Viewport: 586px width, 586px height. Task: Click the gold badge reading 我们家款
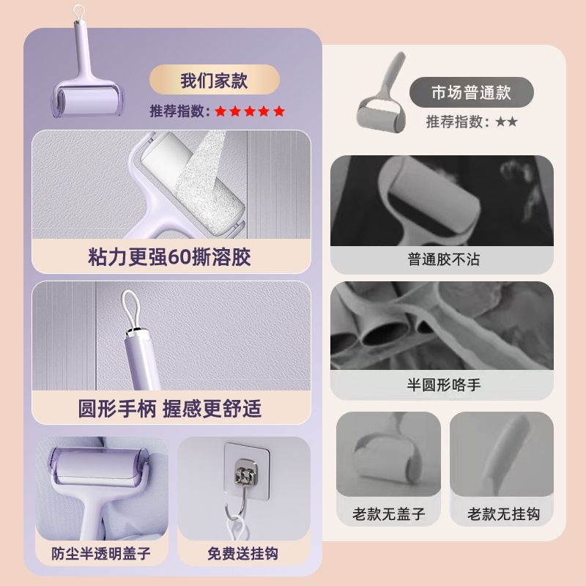pos(214,80)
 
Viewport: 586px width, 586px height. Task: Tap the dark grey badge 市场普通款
pos(471,92)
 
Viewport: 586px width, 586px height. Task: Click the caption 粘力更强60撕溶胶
pos(170,257)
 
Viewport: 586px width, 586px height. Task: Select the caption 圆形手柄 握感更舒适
pos(170,408)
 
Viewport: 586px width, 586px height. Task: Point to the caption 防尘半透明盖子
pos(101,554)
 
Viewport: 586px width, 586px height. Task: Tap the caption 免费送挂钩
pos(242,554)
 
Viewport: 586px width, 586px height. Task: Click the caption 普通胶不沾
pos(443,259)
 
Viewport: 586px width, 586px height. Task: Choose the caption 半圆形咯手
pos(444,385)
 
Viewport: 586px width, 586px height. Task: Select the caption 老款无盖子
pos(389,514)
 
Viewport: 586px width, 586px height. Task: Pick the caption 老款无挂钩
pos(503,514)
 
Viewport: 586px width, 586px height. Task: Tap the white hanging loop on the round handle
pos(131,310)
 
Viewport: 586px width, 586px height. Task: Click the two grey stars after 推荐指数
pos(506,122)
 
